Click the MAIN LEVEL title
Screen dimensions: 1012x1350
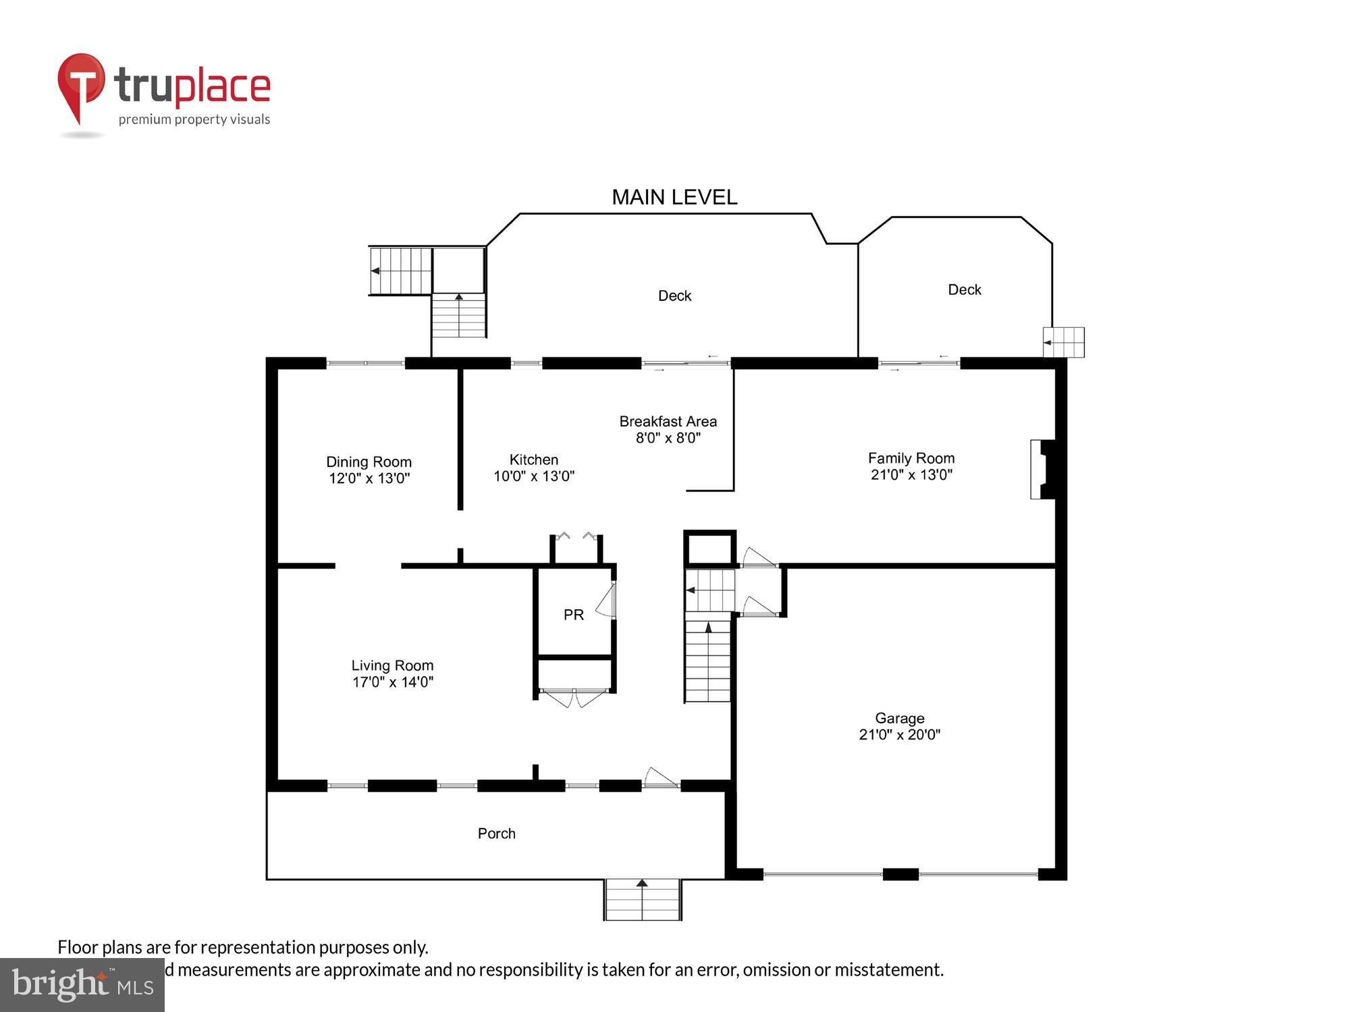[674, 197]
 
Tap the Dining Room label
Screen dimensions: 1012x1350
[369, 462]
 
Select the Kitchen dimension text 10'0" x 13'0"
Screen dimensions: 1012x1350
[533, 476]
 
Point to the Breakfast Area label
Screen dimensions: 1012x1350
[668, 422]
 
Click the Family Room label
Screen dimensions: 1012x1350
[911, 458]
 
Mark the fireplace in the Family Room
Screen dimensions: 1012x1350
[1042, 470]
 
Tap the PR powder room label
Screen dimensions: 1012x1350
[573, 615]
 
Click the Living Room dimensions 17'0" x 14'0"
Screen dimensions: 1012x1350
[392, 682]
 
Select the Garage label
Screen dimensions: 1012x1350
[899, 719]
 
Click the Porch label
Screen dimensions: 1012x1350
[496, 834]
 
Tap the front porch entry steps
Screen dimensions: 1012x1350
[642, 900]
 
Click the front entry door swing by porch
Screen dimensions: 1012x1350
[660, 778]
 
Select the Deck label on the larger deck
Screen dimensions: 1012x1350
[674, 296]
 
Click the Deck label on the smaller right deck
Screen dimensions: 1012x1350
[964, 290]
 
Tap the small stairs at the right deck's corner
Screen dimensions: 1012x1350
[1064, 343]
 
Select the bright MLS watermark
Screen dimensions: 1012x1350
[82, 985]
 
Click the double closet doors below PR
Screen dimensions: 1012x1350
[574, 698]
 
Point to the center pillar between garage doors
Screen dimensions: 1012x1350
[900, 874]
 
